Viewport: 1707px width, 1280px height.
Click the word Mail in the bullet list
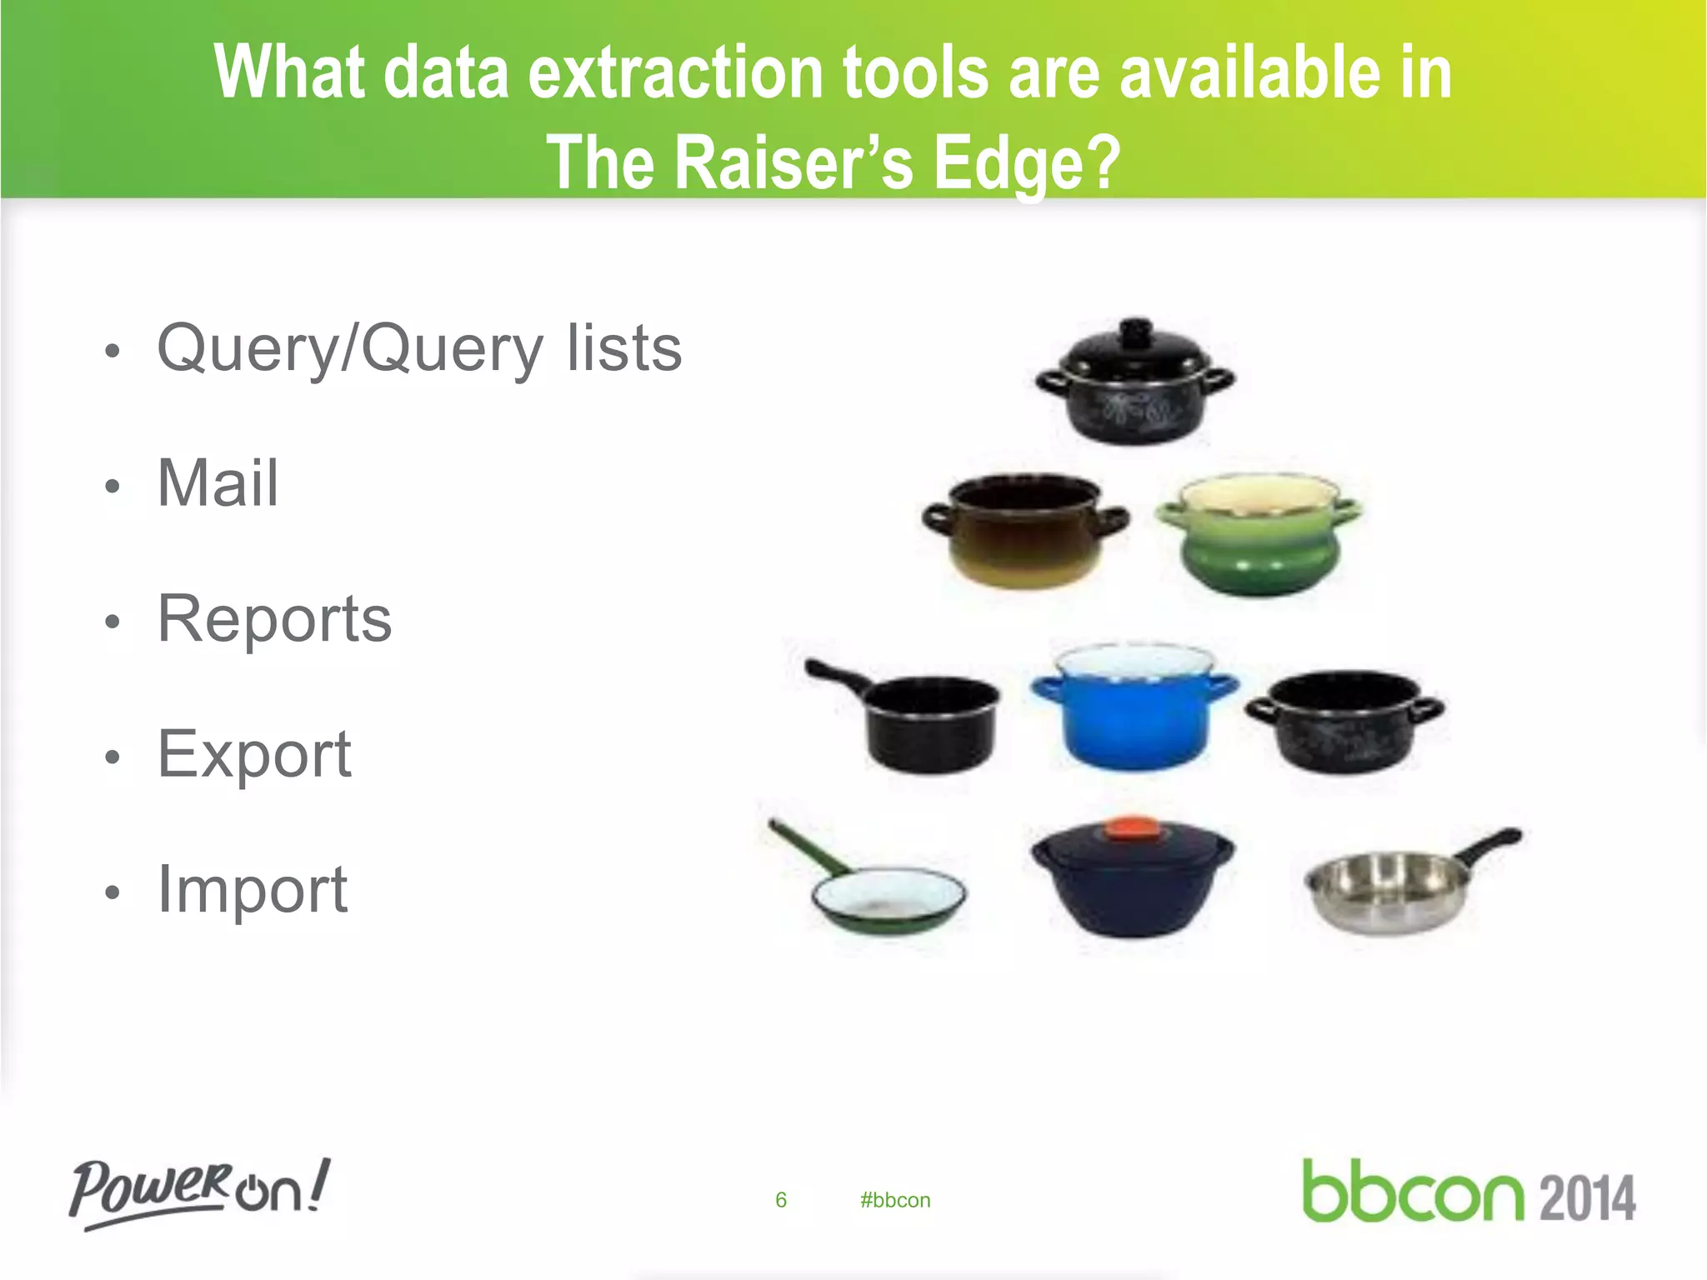[x=218, y=483]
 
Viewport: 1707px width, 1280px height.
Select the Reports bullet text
[x=274, y=619]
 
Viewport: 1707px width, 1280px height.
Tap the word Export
[x=254, y=754]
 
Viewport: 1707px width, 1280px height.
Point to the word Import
[x=253, y=889]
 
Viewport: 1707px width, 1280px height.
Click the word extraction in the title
[x=676, y=73]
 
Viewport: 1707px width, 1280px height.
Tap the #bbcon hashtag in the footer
[x=895, y=1200]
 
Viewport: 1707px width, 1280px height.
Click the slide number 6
[x=781, y=1200]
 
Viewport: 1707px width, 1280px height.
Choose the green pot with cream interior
[x=1259, y=533]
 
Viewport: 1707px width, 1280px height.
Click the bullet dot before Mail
[x=113, y=486]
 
